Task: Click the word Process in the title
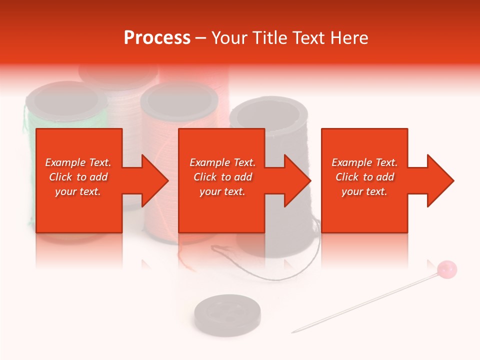click(x=157, y=38)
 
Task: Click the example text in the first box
click(x=78, y=177)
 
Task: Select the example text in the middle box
click(x=222, y=177)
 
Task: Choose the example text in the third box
click(x=364, y=177)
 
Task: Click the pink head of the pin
click(x=446, y=269)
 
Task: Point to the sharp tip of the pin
click(x=293, y=331)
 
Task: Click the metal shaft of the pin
click(x=370, y=300)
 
